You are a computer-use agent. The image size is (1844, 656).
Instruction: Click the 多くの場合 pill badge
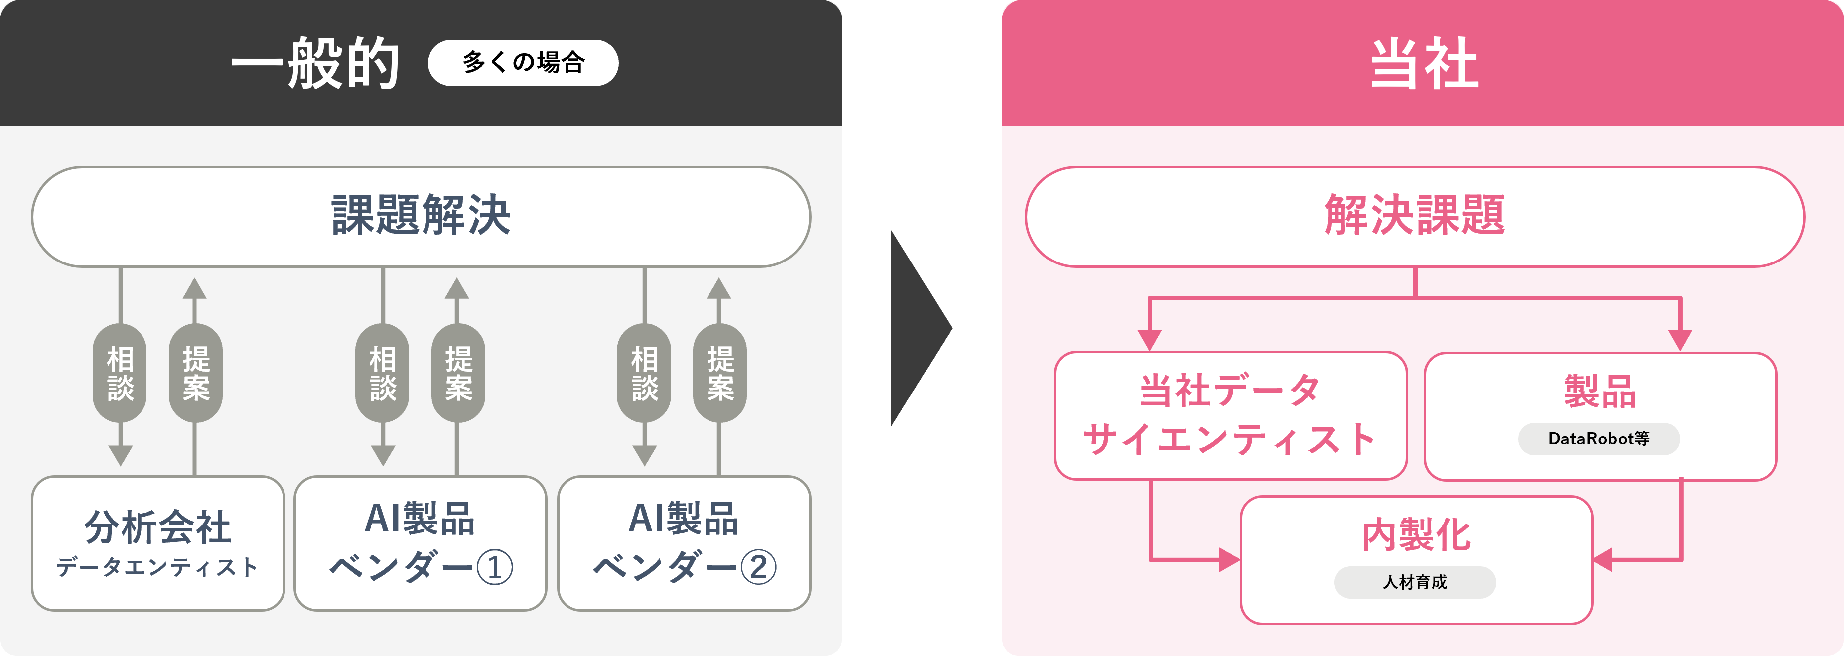[523, 63]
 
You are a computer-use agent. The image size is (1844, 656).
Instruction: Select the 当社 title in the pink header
[1424, 63]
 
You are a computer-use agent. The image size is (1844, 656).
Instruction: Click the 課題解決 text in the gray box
[421, 215]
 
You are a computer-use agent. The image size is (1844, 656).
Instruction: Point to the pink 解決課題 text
[1415, 215]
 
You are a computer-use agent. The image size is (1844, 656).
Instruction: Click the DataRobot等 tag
[1598, 438]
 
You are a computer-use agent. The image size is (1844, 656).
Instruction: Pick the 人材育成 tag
[1415, 582]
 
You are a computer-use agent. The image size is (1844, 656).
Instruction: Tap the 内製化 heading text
[1416, 535]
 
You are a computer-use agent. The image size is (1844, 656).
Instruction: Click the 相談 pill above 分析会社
[120, 373]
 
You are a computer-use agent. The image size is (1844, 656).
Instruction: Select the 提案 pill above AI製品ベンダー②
[719, 373]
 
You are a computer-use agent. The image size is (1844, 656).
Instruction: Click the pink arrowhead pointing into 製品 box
[1680, 340]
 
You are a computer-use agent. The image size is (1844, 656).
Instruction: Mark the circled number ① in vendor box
[495, 568]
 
